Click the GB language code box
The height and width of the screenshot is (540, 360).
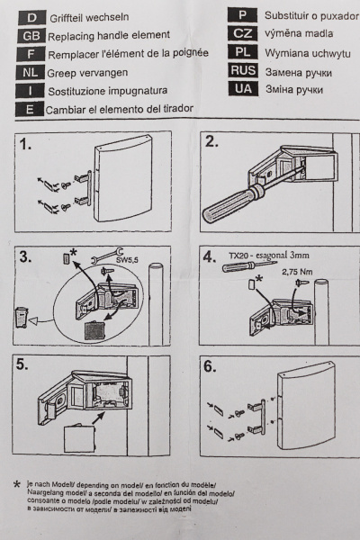31,36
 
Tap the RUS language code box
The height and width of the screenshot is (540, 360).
243,70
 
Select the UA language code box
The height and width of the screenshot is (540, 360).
243,89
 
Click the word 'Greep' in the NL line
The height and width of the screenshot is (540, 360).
61,74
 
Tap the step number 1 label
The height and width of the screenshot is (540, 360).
25,144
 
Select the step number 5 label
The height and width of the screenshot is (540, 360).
22,365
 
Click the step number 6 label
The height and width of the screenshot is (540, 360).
210,366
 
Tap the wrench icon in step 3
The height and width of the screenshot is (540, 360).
107,256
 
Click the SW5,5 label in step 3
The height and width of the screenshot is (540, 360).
127,260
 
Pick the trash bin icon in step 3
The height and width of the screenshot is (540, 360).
21,317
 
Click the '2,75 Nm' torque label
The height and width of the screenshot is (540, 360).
297,272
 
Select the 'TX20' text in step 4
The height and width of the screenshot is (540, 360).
238,256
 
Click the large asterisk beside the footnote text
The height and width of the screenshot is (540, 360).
16,485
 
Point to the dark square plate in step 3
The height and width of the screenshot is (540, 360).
94,330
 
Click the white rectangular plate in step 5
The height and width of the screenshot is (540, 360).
79,438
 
